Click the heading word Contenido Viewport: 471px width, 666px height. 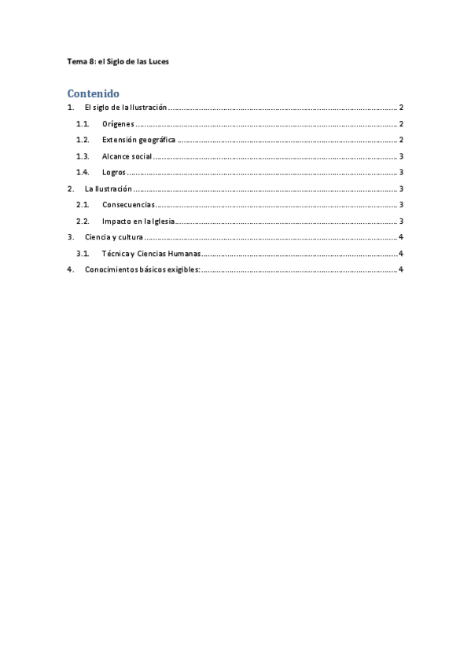tap(93, 93)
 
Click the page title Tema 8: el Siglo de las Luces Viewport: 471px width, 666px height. tap(118, 61)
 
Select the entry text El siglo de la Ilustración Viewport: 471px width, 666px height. tap(126, 108)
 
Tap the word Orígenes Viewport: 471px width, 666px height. tap(120, 124)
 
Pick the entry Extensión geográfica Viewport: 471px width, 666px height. tap(138, 141)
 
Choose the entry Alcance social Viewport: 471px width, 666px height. tap(127, 156)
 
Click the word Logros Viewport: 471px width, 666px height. tap(114, 173)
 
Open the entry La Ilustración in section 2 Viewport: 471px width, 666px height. tap(108, 188)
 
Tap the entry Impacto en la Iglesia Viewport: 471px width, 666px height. tap(138, 221)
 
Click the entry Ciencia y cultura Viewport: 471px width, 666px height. tap(113, 237)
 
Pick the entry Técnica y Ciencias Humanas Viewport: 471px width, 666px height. tap(151, 254)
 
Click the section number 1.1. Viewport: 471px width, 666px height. tap(83, 124)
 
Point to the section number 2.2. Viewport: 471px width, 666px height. tap(83, 221)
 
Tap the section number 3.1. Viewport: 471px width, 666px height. tap(83, 254)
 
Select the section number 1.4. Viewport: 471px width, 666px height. tap(83, 173)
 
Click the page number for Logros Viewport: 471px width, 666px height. tap(401, 173)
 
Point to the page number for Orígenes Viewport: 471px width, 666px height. tap(401, 124)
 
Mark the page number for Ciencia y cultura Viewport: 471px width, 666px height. tap(401, 237)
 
